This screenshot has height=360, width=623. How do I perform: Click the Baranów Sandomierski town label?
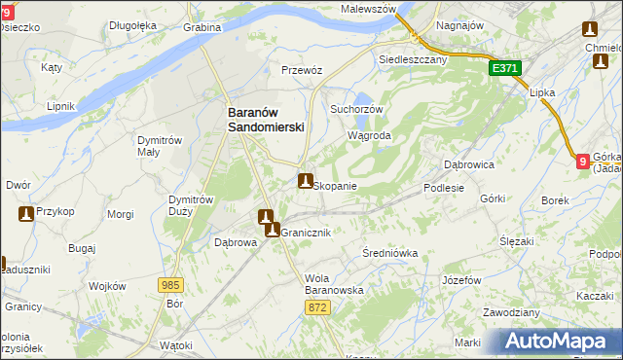266,120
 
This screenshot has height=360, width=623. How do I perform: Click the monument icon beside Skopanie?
306,181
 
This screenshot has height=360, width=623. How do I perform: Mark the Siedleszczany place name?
412,58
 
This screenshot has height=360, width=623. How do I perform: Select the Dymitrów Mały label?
161,146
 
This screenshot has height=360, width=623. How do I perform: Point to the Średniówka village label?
389,253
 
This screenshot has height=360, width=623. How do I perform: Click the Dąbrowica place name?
469,164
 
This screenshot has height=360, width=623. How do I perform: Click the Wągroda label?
370,136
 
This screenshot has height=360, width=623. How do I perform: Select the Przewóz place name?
302,70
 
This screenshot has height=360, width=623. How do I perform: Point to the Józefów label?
461,280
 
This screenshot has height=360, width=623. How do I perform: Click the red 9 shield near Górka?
582,162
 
